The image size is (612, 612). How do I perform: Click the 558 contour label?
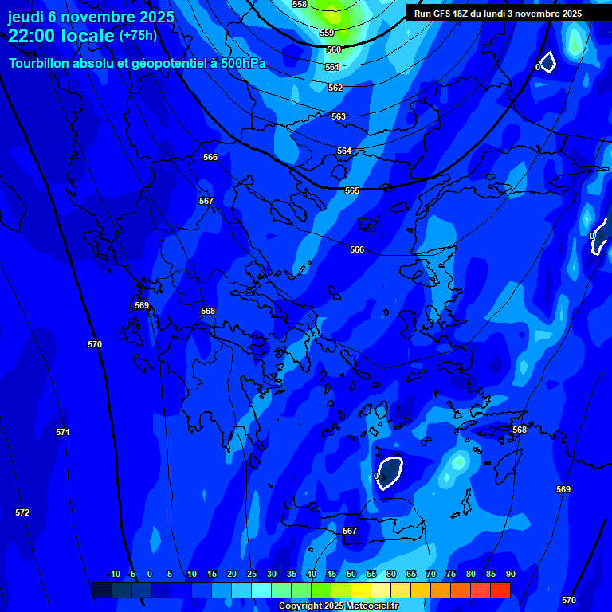coord(300,5)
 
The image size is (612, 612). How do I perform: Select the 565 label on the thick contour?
coord(352,191)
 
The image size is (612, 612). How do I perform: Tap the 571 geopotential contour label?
coord(63,432)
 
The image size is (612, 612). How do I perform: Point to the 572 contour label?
coord(22,512)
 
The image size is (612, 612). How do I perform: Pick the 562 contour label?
coord(335,88)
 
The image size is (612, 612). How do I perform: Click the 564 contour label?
coord(344,151)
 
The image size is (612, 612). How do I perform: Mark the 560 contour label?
coord(334,49)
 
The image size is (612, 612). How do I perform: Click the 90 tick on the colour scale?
coord(510,575)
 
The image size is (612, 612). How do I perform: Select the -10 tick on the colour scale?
coord(113,575)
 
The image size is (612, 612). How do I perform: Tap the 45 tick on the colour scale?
coord(331,575)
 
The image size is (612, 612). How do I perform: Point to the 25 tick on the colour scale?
coord(251,575)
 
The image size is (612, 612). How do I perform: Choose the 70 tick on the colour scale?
coord(430,575)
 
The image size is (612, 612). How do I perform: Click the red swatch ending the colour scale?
coord(500,590)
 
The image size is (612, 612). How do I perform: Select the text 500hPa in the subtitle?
coord(239,64)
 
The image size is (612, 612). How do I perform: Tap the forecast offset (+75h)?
coord(138,36)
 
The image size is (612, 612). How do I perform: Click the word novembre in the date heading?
coord(98,15)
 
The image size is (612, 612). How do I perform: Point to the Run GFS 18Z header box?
coord(498,14)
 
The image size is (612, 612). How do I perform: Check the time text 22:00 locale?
coord(61,36)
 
